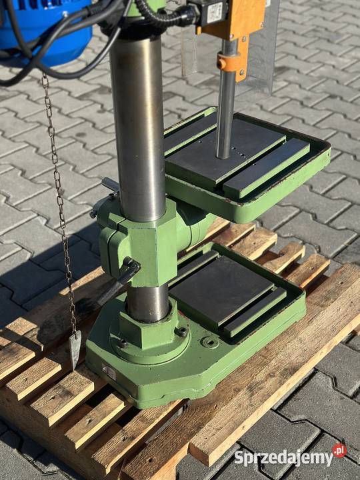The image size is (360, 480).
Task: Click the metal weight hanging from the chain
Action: pyautogui.click(x=75, y=349)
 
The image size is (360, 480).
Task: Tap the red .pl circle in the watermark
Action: pyautogui.click(x=339, y=450)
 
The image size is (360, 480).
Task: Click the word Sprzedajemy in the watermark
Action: pyautogui.click(x=283, y=458)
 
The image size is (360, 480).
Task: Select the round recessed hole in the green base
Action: pyautogui.click(x=210, y=342)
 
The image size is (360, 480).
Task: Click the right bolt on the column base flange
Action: pyautogui.click(x=182, y=331)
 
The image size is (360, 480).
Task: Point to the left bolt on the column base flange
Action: pyautogui.click(x=123, y=343)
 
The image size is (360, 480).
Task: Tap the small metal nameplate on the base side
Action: pyautogui.click(x=109, y=373)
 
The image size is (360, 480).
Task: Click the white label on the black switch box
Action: pyautogui.click(x=215, y=13)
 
